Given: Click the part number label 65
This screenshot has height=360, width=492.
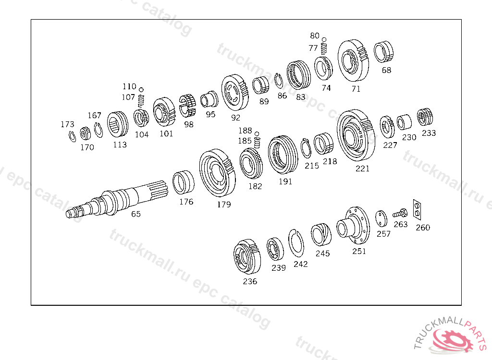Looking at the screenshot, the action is coord(136,214).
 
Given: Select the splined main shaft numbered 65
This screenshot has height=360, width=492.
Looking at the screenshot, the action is coord(117,200).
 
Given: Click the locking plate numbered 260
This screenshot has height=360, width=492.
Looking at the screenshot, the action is coord(417,209).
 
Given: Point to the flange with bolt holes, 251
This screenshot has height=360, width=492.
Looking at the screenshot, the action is coord(353,225).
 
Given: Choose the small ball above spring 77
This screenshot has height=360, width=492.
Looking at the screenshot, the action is coord(324,39).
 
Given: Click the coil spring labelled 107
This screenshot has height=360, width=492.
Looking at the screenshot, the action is coord(141,101).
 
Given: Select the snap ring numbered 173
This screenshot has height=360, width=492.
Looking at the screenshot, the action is coord(72,136).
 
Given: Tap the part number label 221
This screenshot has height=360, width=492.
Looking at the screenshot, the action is coord(362,168).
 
